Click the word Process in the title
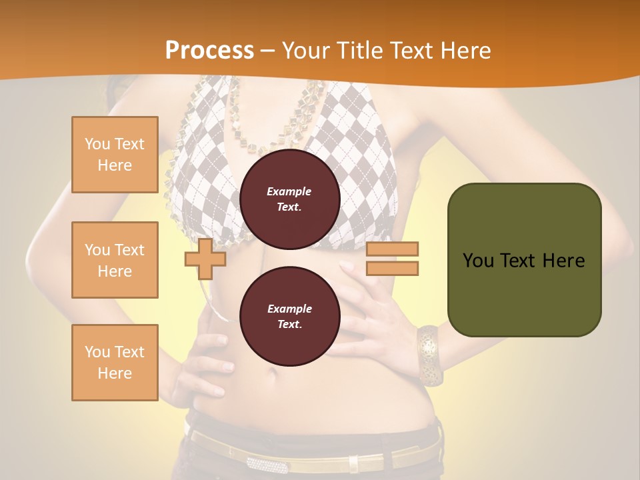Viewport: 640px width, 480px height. click(209, 51)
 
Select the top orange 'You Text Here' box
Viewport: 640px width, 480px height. click(115, 155)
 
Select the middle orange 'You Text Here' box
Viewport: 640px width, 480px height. click(115, 260)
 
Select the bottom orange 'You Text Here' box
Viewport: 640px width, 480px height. click(115, 363)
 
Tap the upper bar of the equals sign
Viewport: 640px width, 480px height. click(392, 249)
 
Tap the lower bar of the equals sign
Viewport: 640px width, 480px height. click(392, 269)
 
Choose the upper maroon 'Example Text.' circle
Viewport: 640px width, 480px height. click(289, 199)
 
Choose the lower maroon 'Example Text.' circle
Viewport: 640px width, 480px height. click(289, 316)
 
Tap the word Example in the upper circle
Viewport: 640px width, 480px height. click(289, 191)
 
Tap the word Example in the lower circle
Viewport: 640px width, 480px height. click(289, 309)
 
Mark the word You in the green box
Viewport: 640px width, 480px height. click(478, 261)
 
